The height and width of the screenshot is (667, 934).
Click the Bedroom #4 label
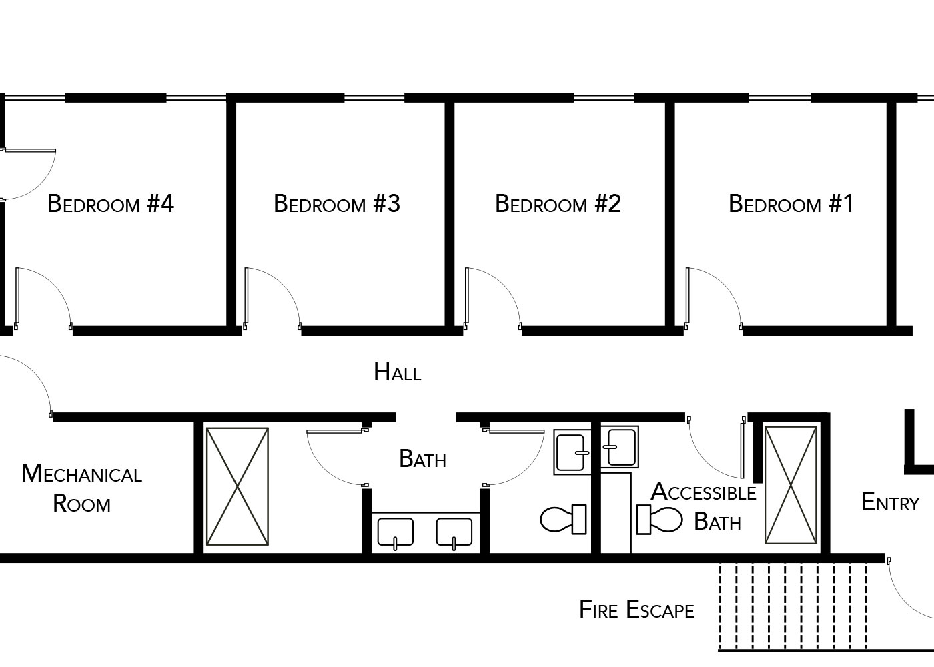click(x=111, y=204)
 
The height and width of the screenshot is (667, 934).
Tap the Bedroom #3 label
click(x=337, y=204)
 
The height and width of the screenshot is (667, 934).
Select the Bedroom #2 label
click(x=558, y=204)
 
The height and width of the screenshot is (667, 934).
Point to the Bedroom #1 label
click(x=791, y=204)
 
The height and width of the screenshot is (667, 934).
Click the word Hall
click(x=398, y=372)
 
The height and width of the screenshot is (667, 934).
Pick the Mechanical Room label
click(x=81, y=488)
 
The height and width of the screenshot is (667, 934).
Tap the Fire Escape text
click(x=636, y=610)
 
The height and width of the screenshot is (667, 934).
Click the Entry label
click(x=890, y=502)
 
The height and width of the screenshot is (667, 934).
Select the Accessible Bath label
click(x=704, y=506)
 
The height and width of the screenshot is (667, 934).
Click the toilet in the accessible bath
click(x=659, y=520)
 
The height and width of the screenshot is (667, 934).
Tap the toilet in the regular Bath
click(x=563, y=519)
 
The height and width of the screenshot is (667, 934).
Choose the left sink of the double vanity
click(x=395, y=533)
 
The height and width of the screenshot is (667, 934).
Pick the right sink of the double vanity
click(x=454, y=533)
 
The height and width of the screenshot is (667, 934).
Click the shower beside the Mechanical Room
click(x=238, y=486)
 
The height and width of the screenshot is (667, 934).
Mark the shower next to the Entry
click(x=791, y=485)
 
